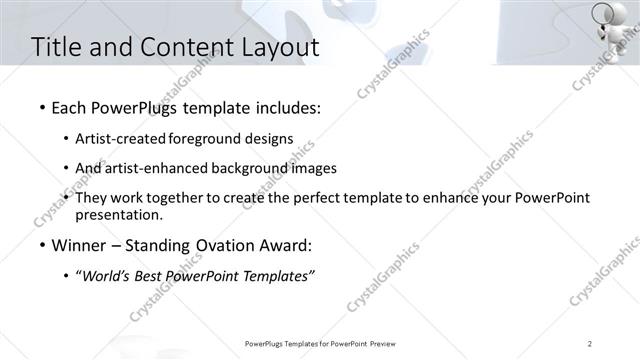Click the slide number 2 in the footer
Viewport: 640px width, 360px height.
coord(590,344)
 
